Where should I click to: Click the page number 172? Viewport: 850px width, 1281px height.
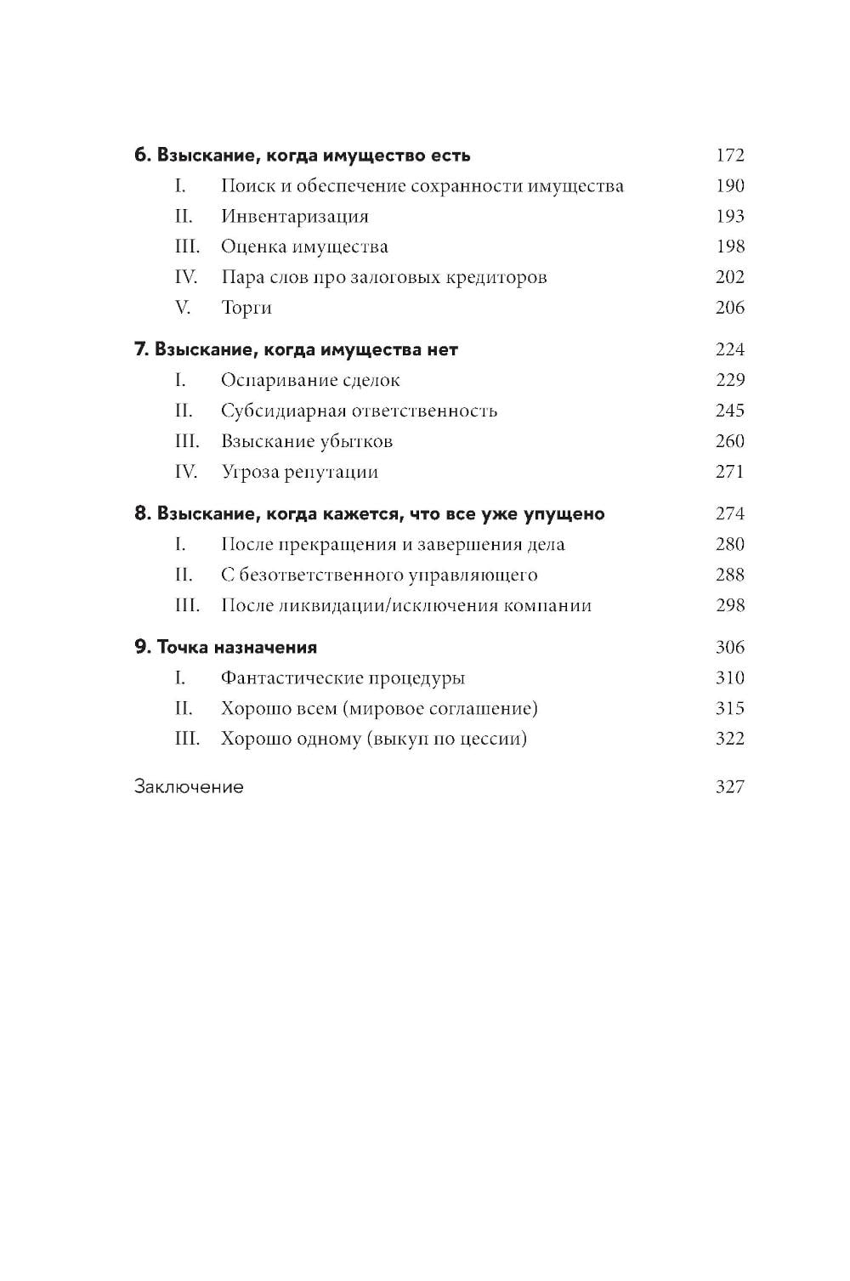[729, 156]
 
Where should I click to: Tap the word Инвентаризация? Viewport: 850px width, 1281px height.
[294, 217]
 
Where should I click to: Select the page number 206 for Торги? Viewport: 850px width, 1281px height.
[729, 308]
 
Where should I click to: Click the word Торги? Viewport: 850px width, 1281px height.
[246, 308]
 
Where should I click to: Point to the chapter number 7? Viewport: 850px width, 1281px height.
[141, 350]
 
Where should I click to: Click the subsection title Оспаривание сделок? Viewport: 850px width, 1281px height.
[309, 381]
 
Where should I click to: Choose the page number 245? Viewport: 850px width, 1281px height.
[729, 411]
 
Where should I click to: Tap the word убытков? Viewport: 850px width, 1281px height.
[356, 442]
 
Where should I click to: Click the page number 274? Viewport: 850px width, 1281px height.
[729, 514]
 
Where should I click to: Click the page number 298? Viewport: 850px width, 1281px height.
[729, 605]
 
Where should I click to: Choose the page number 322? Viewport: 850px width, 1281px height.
[729, 739]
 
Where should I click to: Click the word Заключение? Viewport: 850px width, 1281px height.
[189, 787]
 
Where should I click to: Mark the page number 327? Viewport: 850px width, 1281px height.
[729, 787]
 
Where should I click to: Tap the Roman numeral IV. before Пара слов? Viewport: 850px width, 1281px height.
[185, 278]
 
